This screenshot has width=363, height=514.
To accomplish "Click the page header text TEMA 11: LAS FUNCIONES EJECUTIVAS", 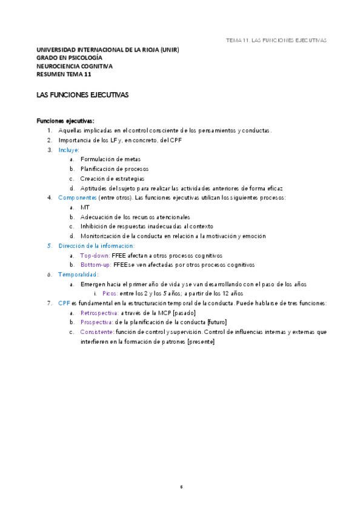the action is pyautogui.click(x=276, y=40).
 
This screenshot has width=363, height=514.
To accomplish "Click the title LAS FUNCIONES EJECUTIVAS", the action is pyautogui.click(x=82, y=96).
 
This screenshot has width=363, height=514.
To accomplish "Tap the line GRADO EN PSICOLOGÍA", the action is pyautogui.click(x=69, y=58).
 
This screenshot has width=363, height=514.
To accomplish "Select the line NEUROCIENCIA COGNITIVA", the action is pyautogui.click(x=75, y=67).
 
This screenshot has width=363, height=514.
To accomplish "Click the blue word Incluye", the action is pyautogui.click(x=68, y=150).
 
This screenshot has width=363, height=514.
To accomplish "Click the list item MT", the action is pyautogui.click(x=85, y=207).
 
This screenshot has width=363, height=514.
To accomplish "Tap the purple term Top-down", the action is pyautogui.click(x=95, y=255).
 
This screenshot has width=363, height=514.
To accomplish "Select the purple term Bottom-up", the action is pyautogui.click(x=96, y=265).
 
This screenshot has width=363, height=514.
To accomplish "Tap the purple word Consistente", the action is pyautogui.click(x=97, y=332).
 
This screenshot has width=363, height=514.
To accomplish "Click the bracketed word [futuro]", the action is pyautogui.click(x=217, y=322).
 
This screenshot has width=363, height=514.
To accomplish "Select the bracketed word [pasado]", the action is pyautogui.click(x=184, y=313).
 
